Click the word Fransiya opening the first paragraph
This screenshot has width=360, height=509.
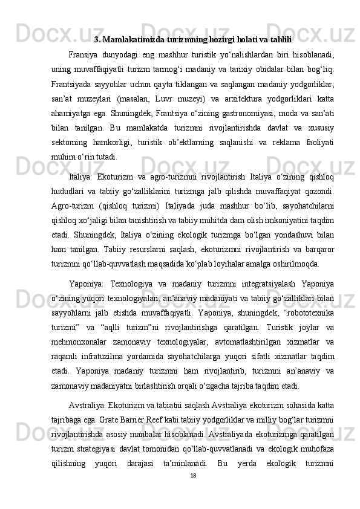click(x=85, y=56)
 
